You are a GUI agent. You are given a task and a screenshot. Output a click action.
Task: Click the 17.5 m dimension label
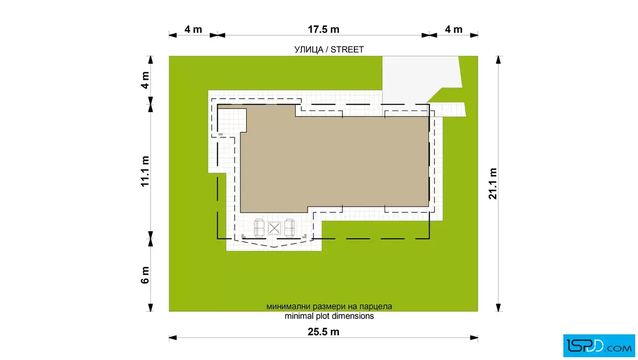323,29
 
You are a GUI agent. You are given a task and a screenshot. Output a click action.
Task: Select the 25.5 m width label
323,332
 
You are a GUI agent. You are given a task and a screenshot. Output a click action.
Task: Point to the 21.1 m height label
493,183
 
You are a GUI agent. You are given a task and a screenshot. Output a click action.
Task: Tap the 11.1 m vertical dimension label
145,171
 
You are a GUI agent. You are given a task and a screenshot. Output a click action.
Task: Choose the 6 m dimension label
145,275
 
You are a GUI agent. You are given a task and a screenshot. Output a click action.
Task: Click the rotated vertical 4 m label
145,80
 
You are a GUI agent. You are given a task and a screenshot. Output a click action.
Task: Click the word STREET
347,50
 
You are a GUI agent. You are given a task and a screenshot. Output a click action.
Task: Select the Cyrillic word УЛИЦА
308,50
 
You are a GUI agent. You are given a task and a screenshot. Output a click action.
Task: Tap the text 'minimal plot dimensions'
329,316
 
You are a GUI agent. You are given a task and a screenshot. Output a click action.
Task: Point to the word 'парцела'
377,306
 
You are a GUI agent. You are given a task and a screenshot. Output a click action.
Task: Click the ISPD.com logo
599,346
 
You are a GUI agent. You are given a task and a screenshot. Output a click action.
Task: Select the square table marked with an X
274,228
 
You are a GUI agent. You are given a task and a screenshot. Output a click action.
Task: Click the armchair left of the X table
259,228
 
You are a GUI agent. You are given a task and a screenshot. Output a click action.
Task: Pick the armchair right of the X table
289,228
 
